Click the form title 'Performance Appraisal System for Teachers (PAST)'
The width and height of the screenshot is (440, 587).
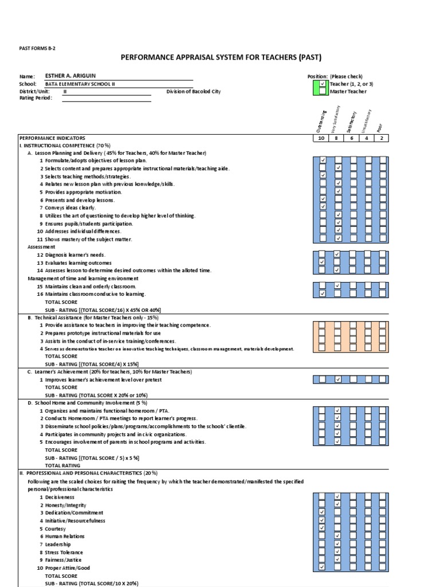point(221,57)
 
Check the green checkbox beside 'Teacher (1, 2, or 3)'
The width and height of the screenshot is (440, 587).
point(323,84)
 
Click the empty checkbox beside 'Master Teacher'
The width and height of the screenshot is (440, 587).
point(323,91)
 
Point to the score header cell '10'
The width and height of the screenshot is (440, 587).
point(322,138)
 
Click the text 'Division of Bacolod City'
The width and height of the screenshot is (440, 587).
point(193,91)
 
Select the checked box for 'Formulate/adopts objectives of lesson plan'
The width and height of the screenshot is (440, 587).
point(323,160)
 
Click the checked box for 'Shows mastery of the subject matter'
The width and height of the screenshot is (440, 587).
point(338,238)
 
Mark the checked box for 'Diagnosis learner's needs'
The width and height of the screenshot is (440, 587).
point(338,254)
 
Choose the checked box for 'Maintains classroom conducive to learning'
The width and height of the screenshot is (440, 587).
point(323,293)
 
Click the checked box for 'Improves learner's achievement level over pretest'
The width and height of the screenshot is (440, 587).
point(338,379)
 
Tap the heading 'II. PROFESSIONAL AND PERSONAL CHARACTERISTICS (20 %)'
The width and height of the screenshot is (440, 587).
point(88,473)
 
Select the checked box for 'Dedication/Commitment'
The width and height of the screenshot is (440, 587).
point(323,512)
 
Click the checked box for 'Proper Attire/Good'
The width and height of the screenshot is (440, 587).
point(323,567)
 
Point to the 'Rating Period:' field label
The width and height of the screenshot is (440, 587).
point(36,98)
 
